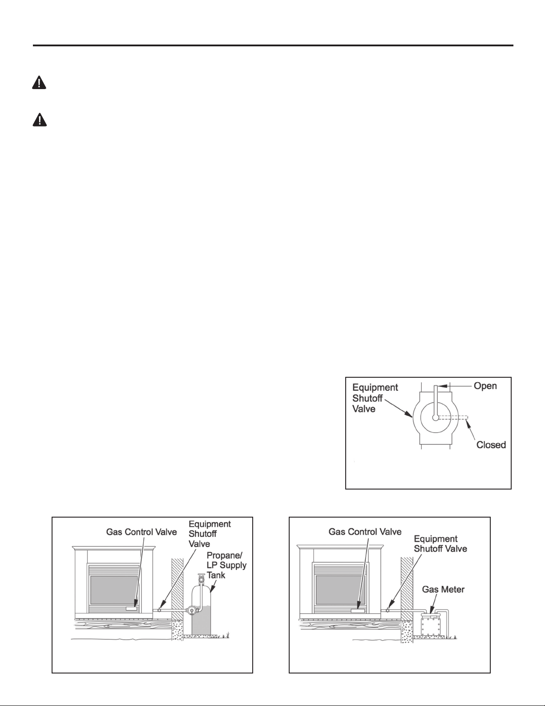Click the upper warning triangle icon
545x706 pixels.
(x=39, y=82)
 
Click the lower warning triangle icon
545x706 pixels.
(x=40, y=119)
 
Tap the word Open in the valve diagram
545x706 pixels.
(x=485, y=386)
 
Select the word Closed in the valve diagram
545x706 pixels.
(x=491, y=445)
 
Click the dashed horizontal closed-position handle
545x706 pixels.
(x=452, y=417)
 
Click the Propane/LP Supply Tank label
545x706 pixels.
(x=226, y=565)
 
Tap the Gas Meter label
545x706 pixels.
(x=443, y=589)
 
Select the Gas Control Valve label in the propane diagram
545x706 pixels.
(x=141, y=532)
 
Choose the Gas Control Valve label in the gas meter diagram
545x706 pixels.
(x=365, y=531)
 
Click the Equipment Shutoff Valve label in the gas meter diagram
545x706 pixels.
(x=440, y=544)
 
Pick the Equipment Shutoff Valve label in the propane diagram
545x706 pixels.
(x=210, y=534)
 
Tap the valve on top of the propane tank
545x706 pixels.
(x=202, y=578)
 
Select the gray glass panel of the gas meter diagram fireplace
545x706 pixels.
(x=340, y=590)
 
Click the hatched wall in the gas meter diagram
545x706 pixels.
(x=407, y=588)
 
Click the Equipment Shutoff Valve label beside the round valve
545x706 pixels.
(x=375, y=398)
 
